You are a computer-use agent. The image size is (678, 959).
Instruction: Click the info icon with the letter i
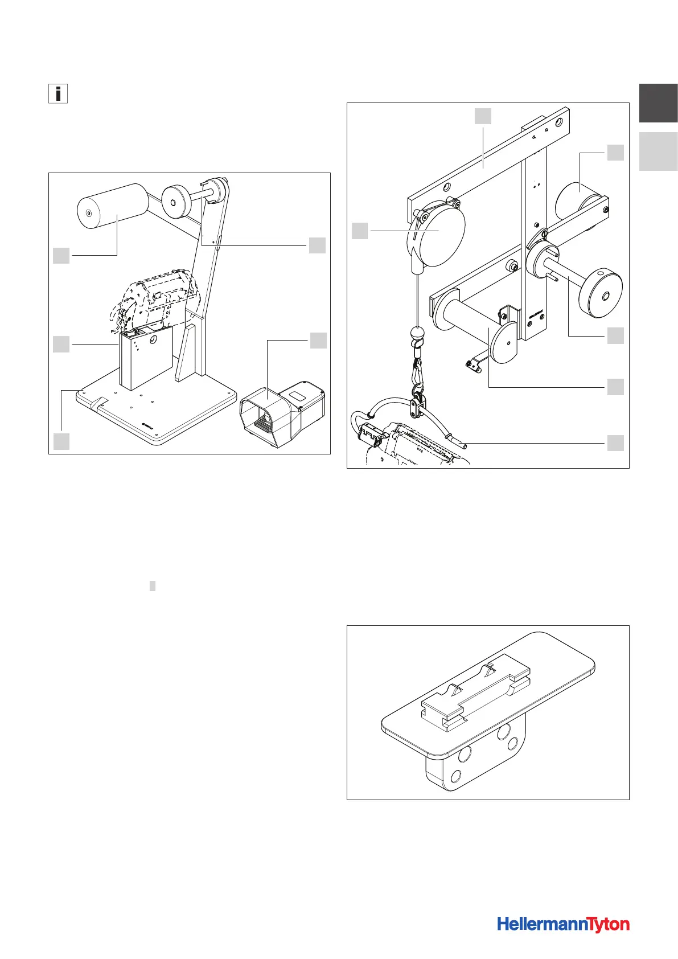coord(58,93)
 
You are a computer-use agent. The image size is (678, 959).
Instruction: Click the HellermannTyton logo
coord(563,924)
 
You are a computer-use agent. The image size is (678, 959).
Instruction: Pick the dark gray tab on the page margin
coord(658,103)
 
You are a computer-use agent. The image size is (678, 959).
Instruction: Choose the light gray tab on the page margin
coord(658,151)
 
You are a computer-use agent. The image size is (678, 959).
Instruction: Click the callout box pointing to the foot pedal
coord(318,341)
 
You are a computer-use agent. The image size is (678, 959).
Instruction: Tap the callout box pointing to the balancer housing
coord(360,231)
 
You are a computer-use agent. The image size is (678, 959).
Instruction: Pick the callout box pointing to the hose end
coord(615,443)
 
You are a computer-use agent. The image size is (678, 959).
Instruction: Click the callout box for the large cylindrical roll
coord(61,256)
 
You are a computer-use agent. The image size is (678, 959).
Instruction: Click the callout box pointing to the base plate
coord(61,441)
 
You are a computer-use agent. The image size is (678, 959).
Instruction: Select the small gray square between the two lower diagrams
coord(153,586)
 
